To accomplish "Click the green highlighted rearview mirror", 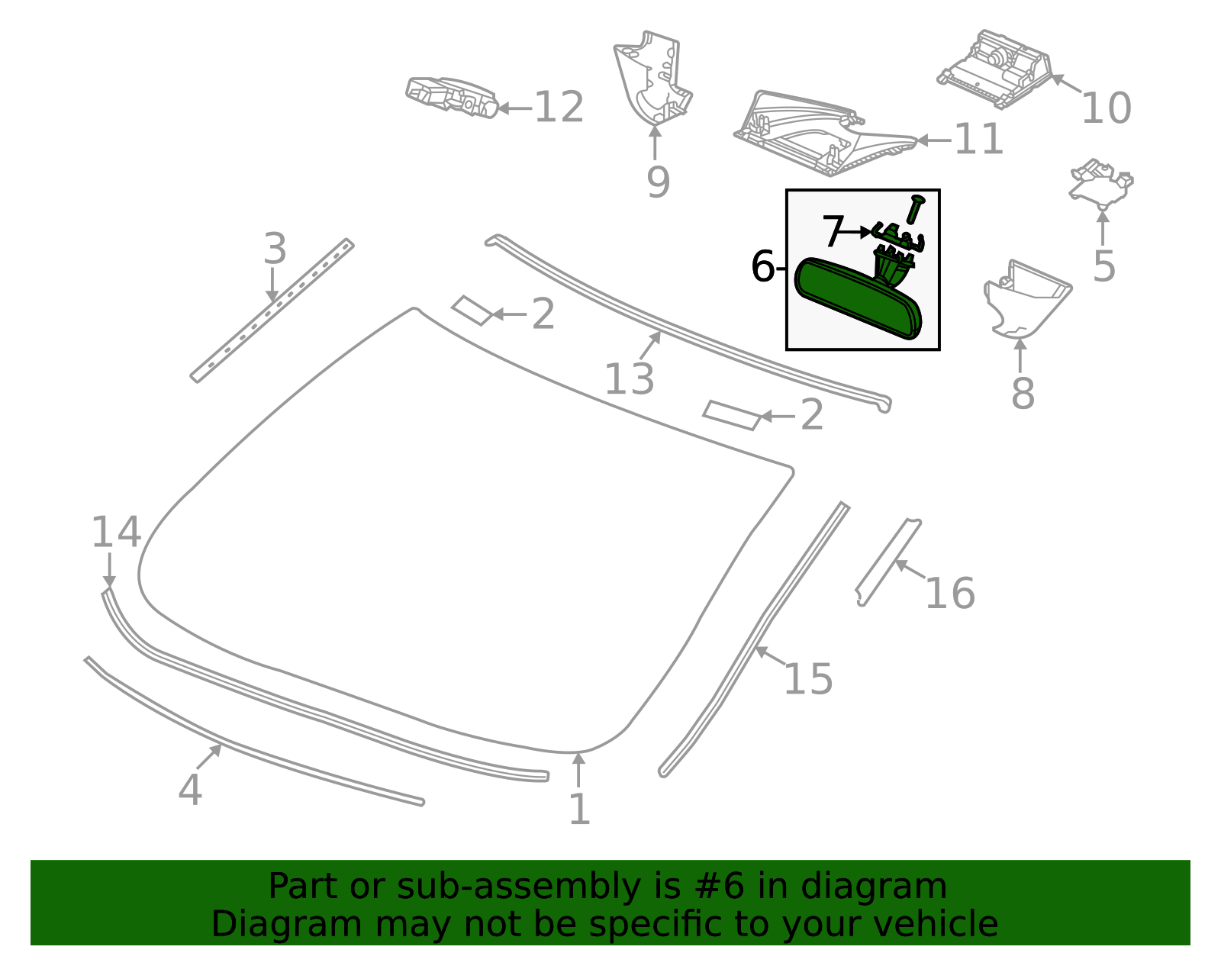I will (856, 299).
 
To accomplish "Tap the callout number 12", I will (559, 108).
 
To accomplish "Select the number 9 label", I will (657, 182).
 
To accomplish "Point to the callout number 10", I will (1106, 108).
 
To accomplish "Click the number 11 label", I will (978, 140).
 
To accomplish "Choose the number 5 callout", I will (1103, 266).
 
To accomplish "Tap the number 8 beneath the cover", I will (1023, 394).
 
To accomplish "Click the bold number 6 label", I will (762, 267).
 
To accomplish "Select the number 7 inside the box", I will (833, 230).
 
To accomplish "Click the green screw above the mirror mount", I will (916, 208).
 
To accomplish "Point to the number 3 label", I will (275, 250).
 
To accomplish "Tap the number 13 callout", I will (629, 379).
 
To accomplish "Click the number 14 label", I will (116, 533).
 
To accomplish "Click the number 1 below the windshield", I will (579, 810).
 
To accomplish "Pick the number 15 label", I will (808, 678).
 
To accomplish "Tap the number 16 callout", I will (949, 594).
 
